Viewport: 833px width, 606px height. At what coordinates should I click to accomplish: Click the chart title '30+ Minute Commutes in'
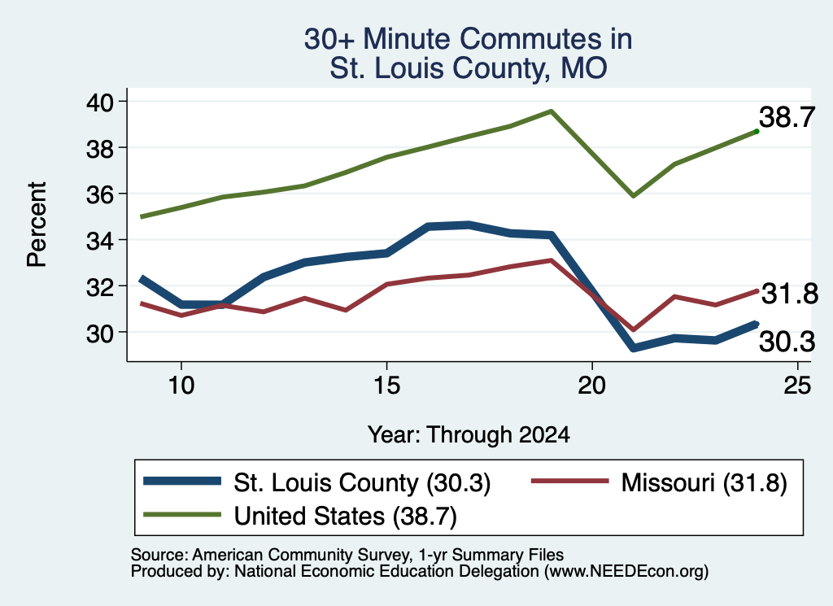coord(468,39)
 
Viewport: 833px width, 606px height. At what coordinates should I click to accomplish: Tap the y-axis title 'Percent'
coord(37,225)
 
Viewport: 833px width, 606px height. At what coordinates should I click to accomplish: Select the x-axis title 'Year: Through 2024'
coord(469,434)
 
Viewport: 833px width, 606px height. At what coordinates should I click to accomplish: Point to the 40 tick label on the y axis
coord(100,102)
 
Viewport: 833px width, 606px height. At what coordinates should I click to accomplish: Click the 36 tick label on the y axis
coord(100,194)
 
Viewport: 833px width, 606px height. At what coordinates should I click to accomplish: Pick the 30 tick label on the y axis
coord(100,333)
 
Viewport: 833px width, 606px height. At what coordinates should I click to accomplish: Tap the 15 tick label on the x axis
coord(386,385)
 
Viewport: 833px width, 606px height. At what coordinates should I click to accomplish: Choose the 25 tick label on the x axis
coord(797,385)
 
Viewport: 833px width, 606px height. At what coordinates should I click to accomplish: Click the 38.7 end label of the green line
coord(787,117)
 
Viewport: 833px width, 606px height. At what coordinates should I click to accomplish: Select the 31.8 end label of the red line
coord(790,294)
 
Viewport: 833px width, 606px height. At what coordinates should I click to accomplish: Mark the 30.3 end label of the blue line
coord(787,342)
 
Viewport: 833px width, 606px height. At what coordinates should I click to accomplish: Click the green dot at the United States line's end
coord(757,131)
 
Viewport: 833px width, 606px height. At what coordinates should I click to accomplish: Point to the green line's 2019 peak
coord(552,111)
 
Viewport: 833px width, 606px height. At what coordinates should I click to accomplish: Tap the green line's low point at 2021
coord(633,196)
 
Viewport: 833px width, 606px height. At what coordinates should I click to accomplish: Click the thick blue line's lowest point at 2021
coord(633,348)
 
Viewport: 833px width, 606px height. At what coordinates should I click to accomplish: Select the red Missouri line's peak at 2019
coord(552,260)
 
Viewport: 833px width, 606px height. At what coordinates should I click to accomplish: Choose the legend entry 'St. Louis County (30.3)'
coord(317,482)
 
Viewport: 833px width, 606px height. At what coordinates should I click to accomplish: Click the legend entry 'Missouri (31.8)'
coord(659,482)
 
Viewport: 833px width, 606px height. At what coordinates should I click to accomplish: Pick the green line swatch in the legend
coord(182,515)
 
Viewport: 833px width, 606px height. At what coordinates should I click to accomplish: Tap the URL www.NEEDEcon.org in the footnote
coord(626,572)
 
